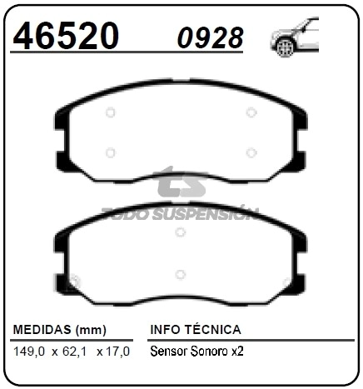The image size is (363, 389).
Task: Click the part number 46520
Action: [x=66, y=36]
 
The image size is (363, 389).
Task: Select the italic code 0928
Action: [x=211, y=37]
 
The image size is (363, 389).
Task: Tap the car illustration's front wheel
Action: [x=286, y=47]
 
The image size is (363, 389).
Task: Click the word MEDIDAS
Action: [x=42, y=330]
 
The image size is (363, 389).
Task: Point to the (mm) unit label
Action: [x=91, y=330]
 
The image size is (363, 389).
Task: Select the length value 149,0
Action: [x=29, y=352]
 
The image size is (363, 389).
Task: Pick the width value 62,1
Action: [x=74, y=352]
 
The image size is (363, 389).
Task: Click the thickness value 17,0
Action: [x=117, y=352]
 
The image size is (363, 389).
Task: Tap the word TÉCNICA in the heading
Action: [x=213, y=329]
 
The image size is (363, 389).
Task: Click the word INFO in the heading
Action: [x=166, y=330]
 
